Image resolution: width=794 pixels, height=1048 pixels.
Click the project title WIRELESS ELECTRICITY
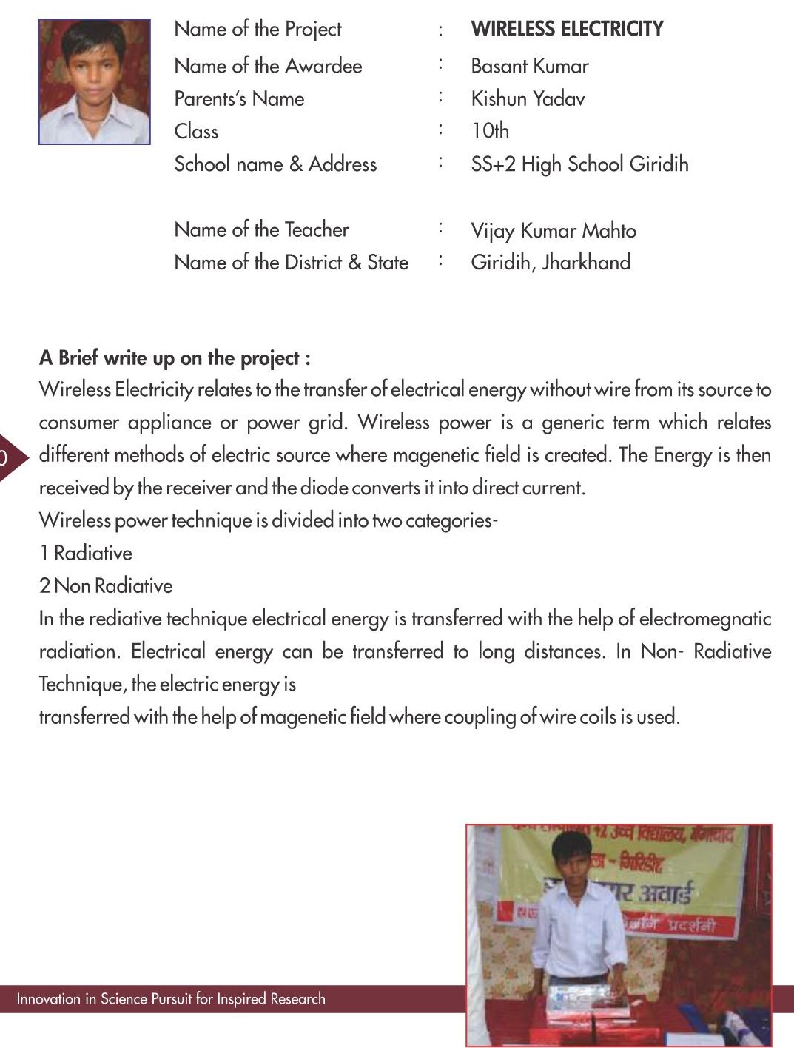tap(567, 29)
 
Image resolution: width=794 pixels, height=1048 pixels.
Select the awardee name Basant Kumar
tap(530, 67)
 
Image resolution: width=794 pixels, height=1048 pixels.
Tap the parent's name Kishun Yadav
tap(528, 98)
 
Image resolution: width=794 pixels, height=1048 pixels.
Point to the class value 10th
tap(490, 131)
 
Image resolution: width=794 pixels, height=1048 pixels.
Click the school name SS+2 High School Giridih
tap(579, 164)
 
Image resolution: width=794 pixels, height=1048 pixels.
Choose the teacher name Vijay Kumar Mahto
tap(553, 231)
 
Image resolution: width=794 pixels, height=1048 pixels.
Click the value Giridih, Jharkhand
tap(551, 262)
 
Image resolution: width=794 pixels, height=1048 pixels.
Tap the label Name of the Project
tap(258, 29)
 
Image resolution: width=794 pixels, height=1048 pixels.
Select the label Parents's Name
tap(239, 98)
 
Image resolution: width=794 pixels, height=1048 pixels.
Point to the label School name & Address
tap(275, 164)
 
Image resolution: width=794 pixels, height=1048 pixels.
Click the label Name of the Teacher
tap(261, 229)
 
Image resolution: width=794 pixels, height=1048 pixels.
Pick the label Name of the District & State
tap(291, 262)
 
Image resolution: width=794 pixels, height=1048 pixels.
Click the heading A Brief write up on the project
tap(175, 358)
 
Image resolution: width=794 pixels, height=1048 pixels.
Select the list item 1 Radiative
tap(86, 553)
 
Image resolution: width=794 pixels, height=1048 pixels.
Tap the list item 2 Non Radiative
tap(106, 585)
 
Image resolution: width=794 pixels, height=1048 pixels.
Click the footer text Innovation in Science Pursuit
tap(171, 999)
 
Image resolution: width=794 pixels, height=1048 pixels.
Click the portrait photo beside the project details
tap(95, 81)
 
